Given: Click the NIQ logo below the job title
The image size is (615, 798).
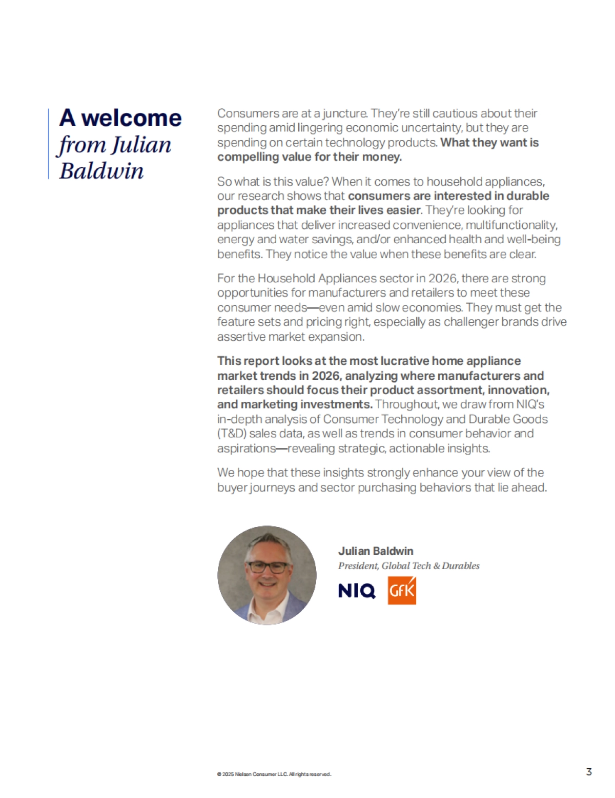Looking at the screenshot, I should [357, 591].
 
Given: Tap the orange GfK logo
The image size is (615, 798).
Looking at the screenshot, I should [402, 591].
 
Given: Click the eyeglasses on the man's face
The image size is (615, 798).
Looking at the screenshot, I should [268, 568].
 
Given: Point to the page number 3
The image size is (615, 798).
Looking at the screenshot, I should [589, 772].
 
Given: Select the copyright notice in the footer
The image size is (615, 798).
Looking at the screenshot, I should [274, 774].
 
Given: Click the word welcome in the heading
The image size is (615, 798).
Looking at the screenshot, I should [132, 118].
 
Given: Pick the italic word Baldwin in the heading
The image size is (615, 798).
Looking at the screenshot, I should [101, 171].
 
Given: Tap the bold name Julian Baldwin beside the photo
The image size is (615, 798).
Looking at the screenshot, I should [376, 551].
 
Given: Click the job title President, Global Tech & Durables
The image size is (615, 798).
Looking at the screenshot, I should [408, 566].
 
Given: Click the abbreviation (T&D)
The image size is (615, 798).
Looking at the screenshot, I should [232, 434].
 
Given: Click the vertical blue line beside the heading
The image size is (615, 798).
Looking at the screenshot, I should [49, 144].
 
